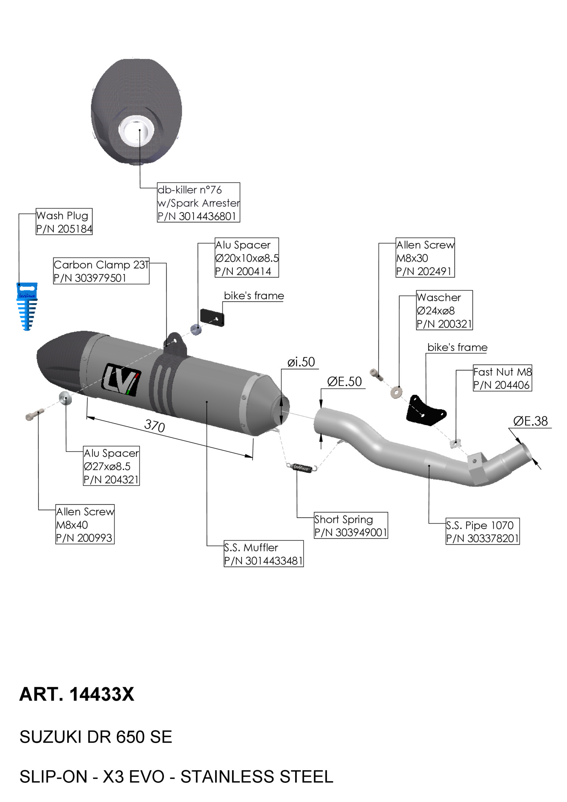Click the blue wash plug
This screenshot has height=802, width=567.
pyautogui.click(x=26, y=306)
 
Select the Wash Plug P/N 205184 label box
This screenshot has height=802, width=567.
pyautogui.click(x=64, y=221)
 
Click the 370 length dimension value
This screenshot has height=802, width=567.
pyautogui.click(x=155, y=426)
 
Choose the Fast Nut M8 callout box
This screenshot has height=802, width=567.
pyautogui.click(x=502, y=378)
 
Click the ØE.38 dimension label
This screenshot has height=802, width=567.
pyautogui.click(x=530, y=421)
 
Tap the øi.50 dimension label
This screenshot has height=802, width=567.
pyautogui.click(x=301, y=362)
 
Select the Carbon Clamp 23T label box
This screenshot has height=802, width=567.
pyautogui.click(x=101, y=271)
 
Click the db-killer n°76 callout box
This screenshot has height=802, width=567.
pyautogui.click(x=198, y=203)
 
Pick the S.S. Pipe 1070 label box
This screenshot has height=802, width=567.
pyautogui.click(x=482, y=531)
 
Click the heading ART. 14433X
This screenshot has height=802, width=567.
pyautogui.click(x=77, y=694)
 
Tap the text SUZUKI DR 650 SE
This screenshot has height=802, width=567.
pyautogui.click(x=96, y=737)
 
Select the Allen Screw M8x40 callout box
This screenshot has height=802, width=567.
pyautogui.click(x=85, y=524)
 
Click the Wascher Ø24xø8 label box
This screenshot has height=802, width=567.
pyautogui.click(x=444, y=310)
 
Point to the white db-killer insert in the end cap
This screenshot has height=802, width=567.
pyautogui.click(x=136, y=129)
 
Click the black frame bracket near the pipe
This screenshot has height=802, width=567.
pyautogui.click(x=425, y=410)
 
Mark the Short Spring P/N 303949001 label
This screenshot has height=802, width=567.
pyautogui.click(x=351, y=525)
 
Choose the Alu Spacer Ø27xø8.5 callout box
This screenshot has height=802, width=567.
pyautogui.click(x=111, y=466)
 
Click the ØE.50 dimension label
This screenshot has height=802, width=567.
pyautogui.click(x=344, y=382)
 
